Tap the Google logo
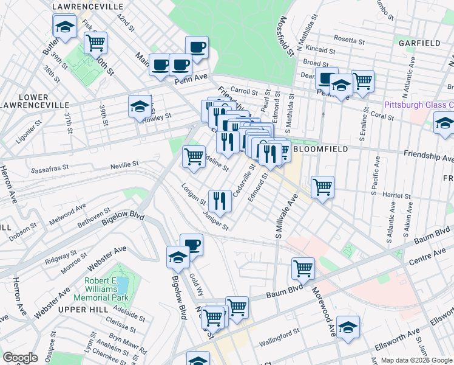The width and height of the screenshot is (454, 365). pos(20,358)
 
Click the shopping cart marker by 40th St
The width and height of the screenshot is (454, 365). pos(95,43)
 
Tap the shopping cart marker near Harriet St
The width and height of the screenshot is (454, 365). pos(322,186)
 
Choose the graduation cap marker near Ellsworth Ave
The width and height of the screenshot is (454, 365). pos(348,327)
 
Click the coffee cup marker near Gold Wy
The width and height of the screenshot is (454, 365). pos(192,245)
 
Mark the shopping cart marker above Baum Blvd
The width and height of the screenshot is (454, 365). pos(302,268)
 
